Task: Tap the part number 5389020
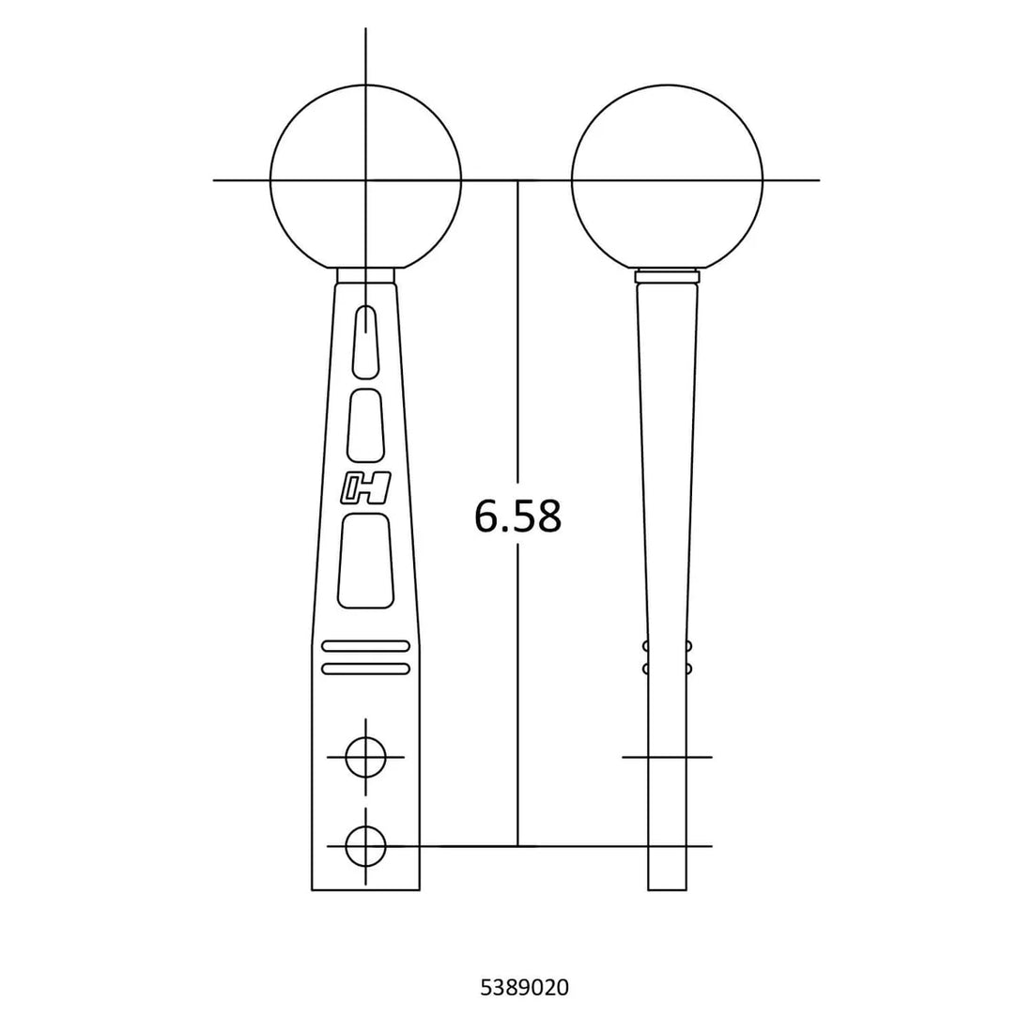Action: [524, 988]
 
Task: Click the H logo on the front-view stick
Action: [365, 488]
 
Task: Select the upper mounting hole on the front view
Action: [365, 757]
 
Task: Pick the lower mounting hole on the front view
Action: [365, 846]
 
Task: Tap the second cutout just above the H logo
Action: [365, 425]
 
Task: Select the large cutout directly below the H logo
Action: [365, 561]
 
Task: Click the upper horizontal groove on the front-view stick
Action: [365, 646]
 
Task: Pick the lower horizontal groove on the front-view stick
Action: [365, 669]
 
